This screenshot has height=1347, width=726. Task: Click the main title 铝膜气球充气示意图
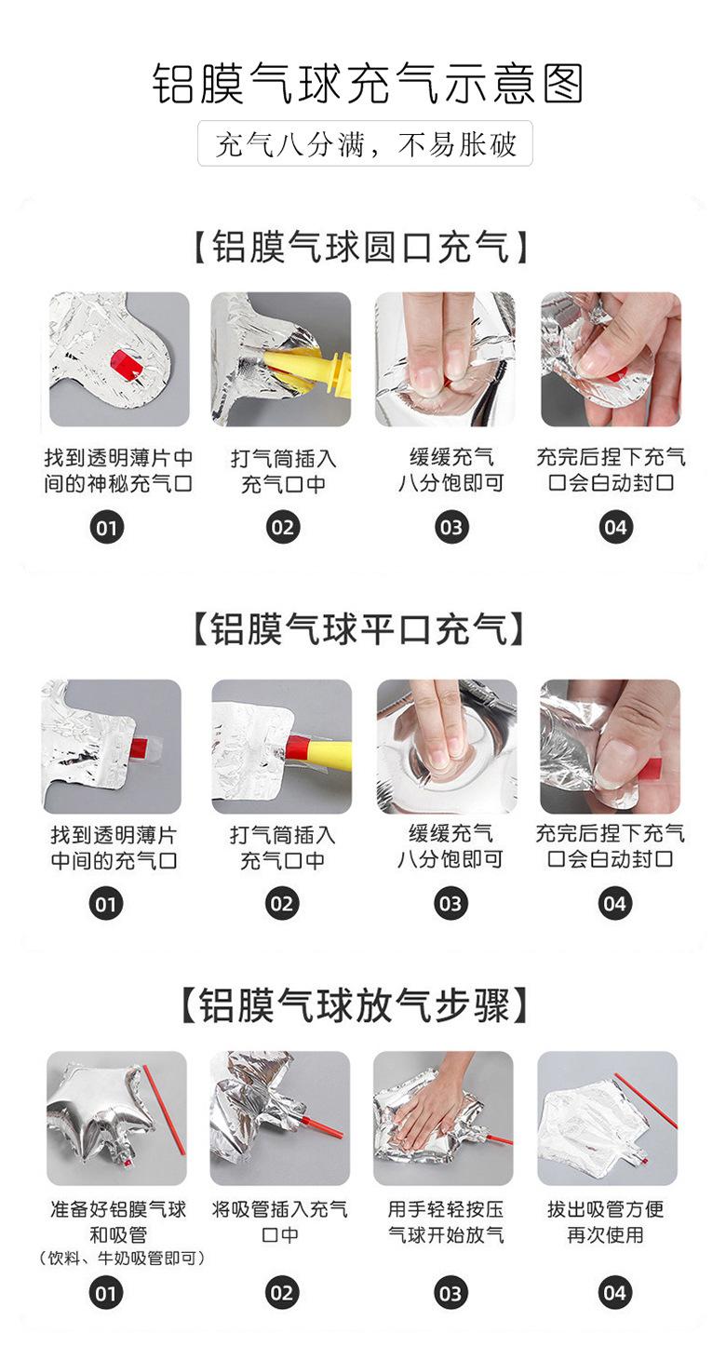(x=367, y=84)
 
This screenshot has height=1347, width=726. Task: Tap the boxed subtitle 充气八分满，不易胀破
(x=365, y=143)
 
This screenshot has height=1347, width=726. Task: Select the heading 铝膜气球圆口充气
(x=362, y=247)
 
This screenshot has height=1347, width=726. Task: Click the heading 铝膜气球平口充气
(x=359, y=629)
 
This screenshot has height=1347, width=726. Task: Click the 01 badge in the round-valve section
(x=106, y=529)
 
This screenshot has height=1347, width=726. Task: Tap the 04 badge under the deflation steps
(x=614, y=1293)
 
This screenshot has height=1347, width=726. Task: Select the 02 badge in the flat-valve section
(x=282, y=904)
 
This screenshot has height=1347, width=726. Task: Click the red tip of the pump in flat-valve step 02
(x=297, y=747)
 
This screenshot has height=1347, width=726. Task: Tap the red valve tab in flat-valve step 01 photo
(x=139, y=747)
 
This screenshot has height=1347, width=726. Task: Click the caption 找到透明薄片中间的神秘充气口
(x=118, y=471)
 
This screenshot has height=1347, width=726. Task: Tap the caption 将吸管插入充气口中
(x=279, y=1222)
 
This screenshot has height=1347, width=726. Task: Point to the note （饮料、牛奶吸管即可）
(x=122, y=1258)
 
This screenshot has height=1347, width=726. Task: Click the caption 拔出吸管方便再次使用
(x=606, y=1222)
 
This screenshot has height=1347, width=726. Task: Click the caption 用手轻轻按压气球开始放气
(x=446, y=1222)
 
